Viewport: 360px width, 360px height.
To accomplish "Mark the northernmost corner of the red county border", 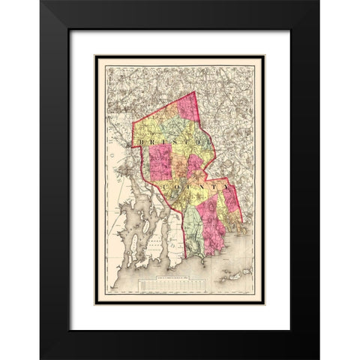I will coord(193,91).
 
